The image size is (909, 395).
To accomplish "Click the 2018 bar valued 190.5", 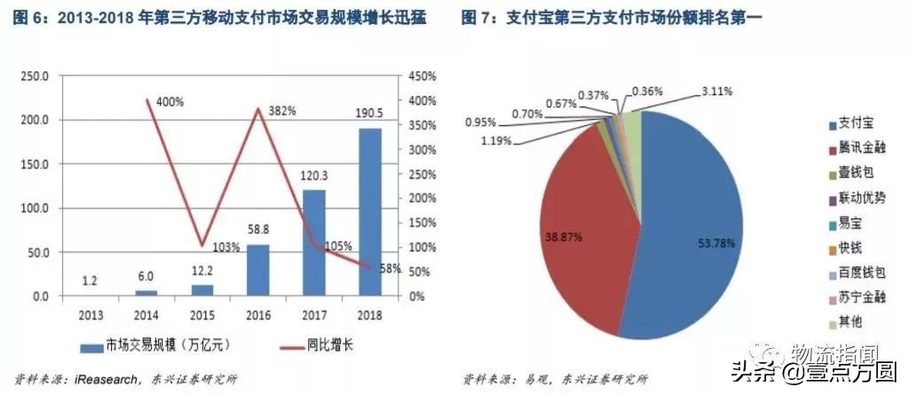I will tap(370, 211).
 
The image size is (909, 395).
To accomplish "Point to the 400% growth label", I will tap(170, 101).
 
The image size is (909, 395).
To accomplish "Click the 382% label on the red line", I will tap(281, 111).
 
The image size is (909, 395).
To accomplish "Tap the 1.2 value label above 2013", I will tap(90, 281).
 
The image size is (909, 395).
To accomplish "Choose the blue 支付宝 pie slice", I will tap(692, 231).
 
